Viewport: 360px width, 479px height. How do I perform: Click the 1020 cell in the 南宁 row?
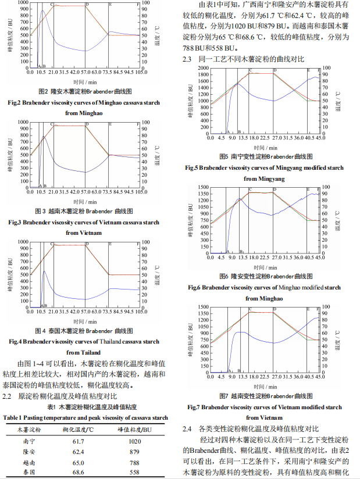(x=135, y=442)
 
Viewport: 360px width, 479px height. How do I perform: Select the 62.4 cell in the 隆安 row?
(x=79, y=452)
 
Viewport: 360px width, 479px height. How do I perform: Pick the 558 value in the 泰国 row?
(x=135, y=471)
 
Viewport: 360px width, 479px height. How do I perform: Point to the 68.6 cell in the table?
(x=79, y=471)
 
